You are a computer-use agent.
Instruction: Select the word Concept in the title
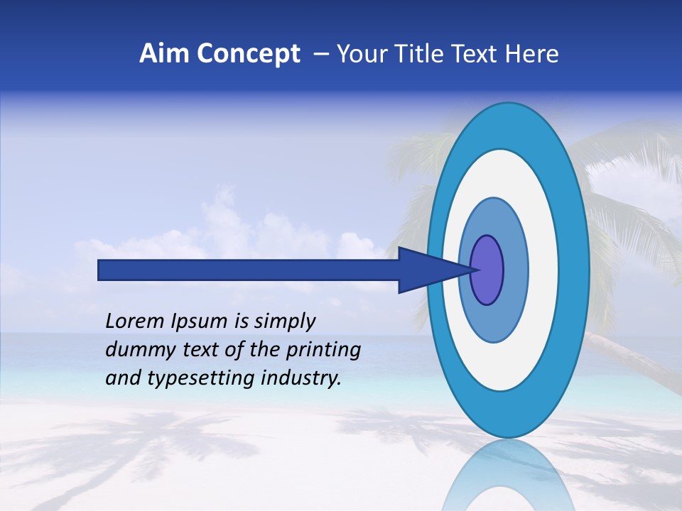tap(249, 53)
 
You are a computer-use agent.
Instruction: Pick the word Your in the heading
tap(359, 53)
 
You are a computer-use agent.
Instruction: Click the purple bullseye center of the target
tap(487, 270)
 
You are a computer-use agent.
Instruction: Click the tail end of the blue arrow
tap(100, 270)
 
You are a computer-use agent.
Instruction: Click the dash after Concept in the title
tap(320, 54)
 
